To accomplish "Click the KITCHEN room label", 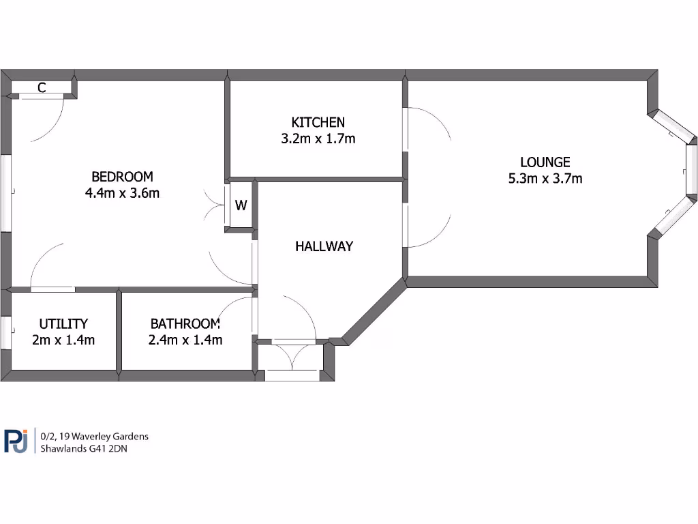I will point(318,123).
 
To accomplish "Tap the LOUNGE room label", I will point(545,162).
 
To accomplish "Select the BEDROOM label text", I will point(123,176).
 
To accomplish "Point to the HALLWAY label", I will point(324,246).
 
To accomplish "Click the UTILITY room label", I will point(63,323).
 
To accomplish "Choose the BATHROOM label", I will point(185,323).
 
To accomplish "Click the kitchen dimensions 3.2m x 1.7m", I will point(318,139).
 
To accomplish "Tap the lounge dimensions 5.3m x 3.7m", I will point(545,179).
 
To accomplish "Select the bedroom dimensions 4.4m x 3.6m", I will point(123,192).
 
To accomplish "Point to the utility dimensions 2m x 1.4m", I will point(63,340).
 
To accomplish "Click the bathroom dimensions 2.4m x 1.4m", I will point(185,340).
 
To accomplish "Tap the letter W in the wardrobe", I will point(241,205).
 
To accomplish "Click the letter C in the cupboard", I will point(42,87).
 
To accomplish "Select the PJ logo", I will point(16,441).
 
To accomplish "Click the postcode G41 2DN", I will point(109,449).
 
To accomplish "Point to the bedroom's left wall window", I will point(5,194).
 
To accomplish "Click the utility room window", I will point(5,332).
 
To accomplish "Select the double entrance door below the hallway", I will point(292,375).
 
